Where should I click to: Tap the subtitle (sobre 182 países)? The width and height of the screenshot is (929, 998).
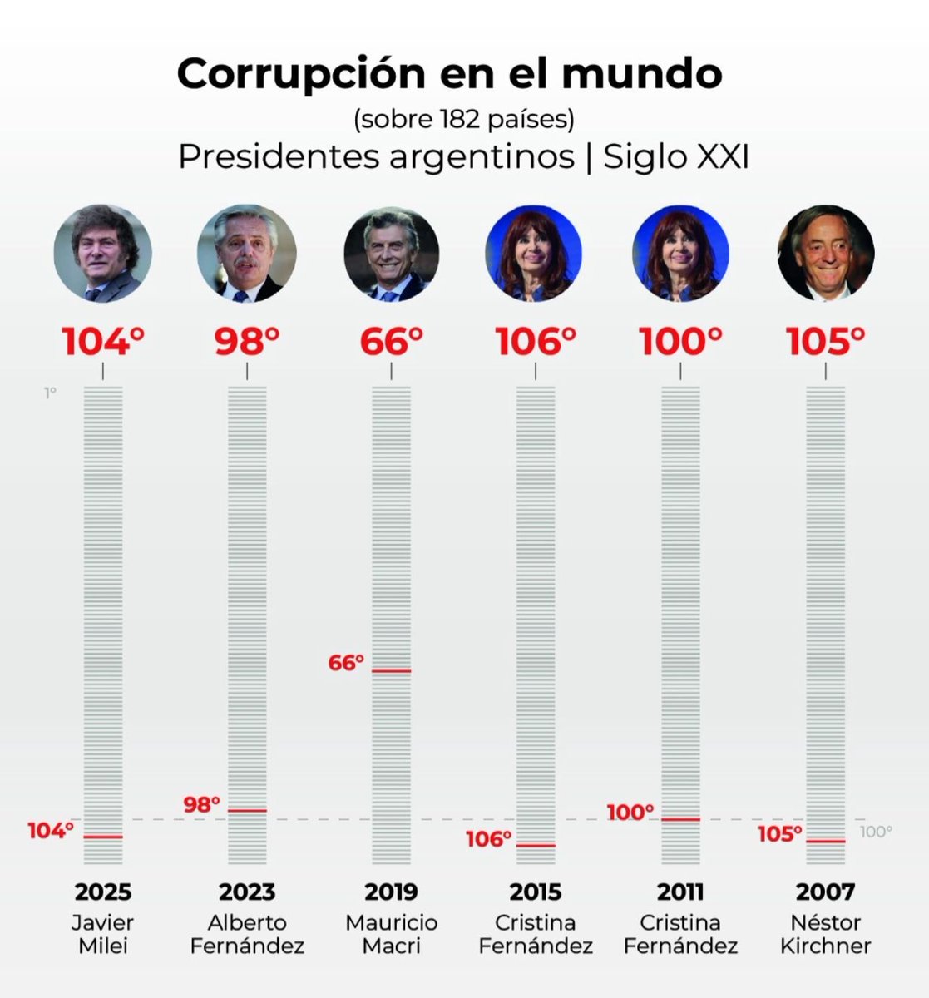point(464,120)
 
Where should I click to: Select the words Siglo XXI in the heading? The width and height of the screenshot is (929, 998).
point(675,156)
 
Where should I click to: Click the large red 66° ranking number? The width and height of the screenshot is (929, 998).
point(391,342)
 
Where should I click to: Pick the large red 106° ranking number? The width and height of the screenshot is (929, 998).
point(536,342)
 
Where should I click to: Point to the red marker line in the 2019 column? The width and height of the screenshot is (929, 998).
point(391,670)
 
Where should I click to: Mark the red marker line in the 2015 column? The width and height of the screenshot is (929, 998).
point(536,845)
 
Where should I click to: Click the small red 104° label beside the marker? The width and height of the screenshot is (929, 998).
point(51,830)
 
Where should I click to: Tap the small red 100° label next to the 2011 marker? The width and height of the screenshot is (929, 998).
point(630,813)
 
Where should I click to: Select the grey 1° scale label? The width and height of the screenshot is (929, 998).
point(51,393)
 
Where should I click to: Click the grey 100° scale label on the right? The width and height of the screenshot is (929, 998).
point(876,831)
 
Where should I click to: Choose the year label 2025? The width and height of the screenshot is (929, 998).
point(103,892)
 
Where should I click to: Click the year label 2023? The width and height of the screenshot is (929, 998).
point(247,892)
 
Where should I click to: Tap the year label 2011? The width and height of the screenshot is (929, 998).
point(680,892)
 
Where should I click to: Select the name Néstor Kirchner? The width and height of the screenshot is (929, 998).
point(825,934)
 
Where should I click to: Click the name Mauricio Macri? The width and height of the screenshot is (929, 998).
point(391,934)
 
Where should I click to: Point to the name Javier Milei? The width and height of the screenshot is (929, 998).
point(103,934)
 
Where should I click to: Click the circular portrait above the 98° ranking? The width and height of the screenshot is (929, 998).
point(247,253)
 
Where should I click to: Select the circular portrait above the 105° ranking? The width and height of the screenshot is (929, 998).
point(825,253)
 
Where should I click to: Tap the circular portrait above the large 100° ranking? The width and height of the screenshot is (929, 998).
point(680,253)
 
